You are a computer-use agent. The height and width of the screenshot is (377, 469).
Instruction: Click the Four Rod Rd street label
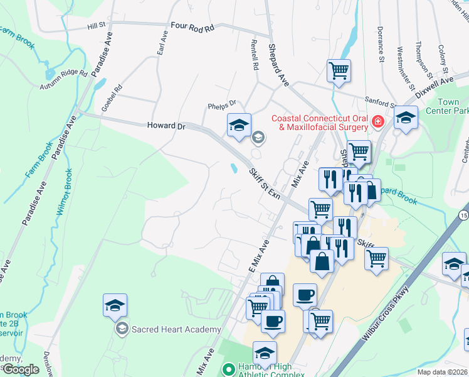tap(192, 28)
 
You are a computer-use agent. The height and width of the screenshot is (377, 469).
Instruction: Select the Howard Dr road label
tap(167, 126)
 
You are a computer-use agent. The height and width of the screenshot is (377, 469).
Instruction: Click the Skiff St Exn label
tap(264, 182)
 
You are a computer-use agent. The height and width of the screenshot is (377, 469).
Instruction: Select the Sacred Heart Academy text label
tap(169, 329)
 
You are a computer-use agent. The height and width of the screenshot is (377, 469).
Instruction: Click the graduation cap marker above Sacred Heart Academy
tap(115, 305)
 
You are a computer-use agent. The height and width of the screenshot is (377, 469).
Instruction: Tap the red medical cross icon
tap(377, 122)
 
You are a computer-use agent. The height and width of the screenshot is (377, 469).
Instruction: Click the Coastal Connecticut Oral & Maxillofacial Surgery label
tap(319, 123)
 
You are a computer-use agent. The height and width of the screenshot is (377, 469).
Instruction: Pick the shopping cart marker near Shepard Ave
tap(339, 70)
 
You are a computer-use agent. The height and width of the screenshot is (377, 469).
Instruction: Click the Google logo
tap(21, 369)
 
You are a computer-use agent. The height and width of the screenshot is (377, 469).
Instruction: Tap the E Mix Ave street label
tap(258, 255)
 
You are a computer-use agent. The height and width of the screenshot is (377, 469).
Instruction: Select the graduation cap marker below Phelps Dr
tap(239, 125)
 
